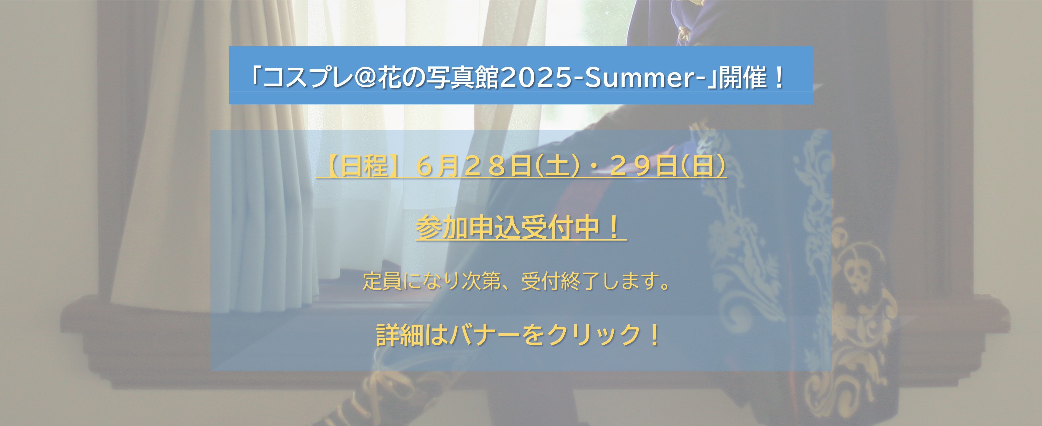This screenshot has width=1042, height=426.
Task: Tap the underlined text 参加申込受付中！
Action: (x=521, y=228)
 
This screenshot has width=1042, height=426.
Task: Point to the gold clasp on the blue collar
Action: (x=684, y=32)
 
